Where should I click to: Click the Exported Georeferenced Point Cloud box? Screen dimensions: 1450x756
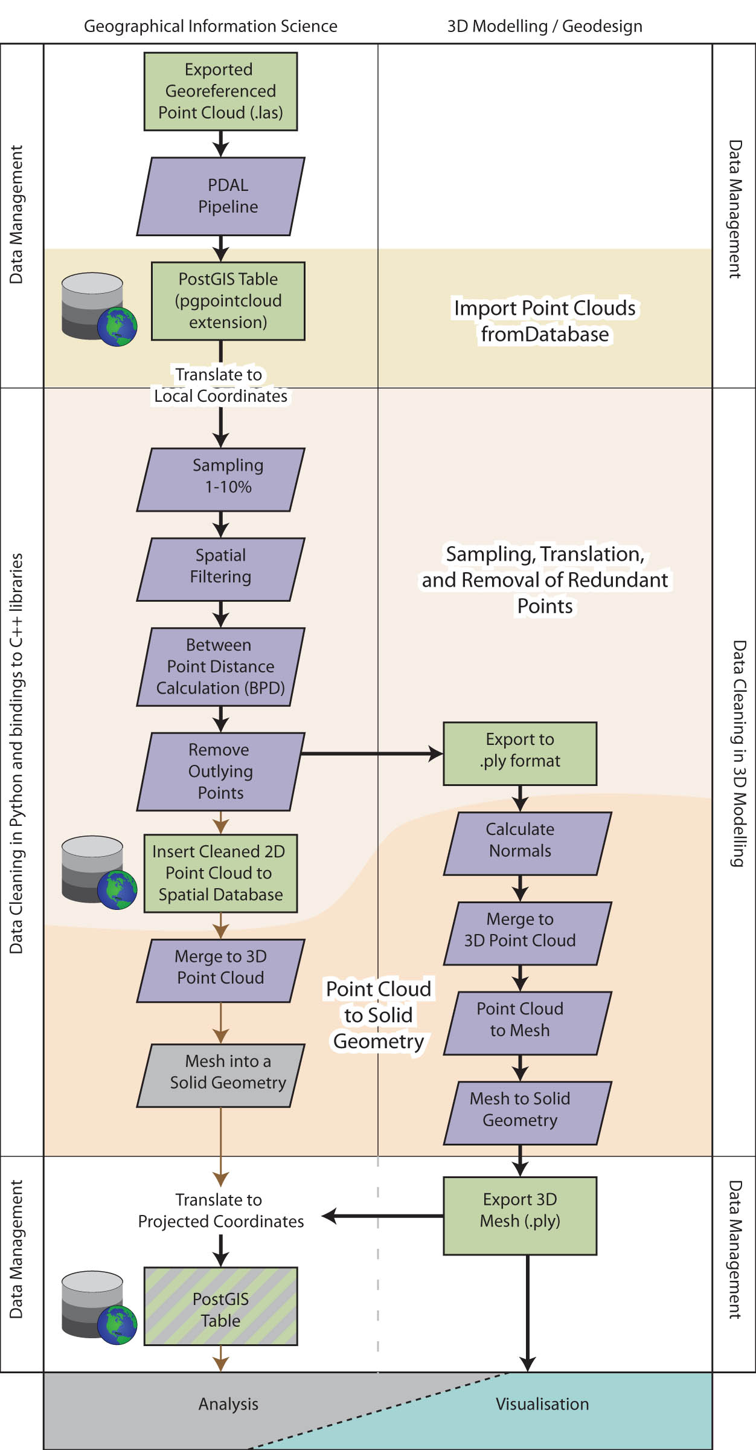pyautogui.click(x=220, y=91)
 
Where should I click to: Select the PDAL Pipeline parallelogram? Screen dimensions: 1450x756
pyautogui.click(x=220, y=196)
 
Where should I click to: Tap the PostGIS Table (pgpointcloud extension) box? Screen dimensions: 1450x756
pyautogui.click(x=228, y=301)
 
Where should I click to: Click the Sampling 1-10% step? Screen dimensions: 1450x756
pyautogui.click(x=220, y=480)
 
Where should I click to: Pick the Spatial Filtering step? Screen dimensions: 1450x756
pyautogui.click(x=220, y=569)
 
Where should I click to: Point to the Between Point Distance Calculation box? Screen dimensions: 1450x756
pyautogui.click(x=220, y=667)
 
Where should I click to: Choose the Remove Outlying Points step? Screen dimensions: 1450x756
pyautogui.click(x=220, y=772)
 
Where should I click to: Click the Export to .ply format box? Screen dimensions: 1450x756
pyautogui.click(x=520, y=753)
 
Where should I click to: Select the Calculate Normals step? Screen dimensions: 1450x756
pyautogui.click(x=527, y=843)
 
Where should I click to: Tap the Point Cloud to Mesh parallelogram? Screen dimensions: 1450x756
pyautogui.click(x=527, y=1023)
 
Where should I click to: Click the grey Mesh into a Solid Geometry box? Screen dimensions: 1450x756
pyautogui.click(x=220, y=1075)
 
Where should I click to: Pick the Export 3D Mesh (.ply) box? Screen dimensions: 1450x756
pyautogui.click(x=520, y=1216)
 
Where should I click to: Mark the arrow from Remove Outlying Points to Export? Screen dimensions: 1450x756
pyautogui.click(x=371, y=753)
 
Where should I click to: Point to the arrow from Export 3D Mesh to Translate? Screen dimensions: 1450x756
pyautogui.click(x=383, y=1216)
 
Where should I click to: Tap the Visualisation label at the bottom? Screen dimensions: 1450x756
pyautogui.click(x=542, y=1404)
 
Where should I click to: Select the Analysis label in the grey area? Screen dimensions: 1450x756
pyautogui.click(x=228, y=1404)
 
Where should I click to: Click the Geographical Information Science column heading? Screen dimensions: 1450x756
pyautogui.click(x=210, y=27)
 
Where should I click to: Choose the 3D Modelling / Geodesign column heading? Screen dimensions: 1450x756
pyautogui.click(x=545, y=27)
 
